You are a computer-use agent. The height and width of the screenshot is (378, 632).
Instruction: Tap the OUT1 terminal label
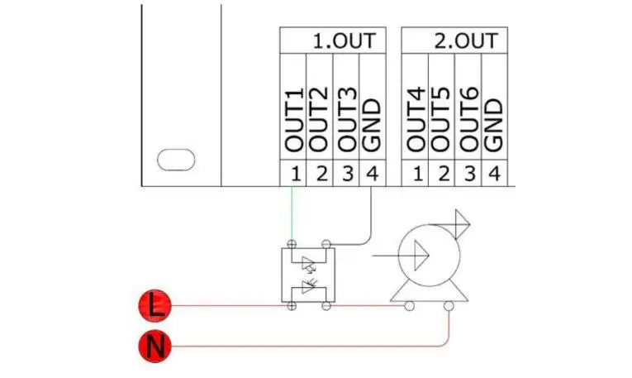tap(294, 119)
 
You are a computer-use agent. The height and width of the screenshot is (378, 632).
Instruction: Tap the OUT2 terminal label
tap(320, 119)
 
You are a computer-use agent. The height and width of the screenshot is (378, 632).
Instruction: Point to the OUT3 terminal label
tap(346, 119)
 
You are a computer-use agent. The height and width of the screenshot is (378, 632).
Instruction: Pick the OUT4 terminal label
tap(416, 119)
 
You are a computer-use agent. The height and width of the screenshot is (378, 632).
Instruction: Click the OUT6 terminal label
tap(468, 119)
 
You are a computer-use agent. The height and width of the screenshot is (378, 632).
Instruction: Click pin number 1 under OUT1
tap(293, 175)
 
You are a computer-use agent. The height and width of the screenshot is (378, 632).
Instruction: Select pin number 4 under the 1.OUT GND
tap(372, 175)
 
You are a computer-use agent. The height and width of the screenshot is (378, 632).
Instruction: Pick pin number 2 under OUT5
tap(442, 175)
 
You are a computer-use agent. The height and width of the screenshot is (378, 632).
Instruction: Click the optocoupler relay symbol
tap(309, 275)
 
